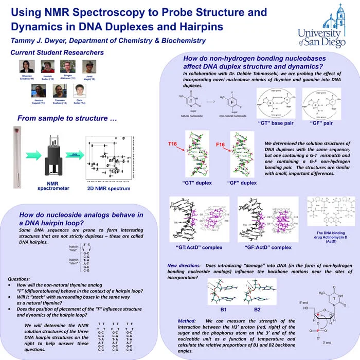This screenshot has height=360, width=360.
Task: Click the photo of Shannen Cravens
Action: [26, 66]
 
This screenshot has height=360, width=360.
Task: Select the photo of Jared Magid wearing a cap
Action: [89, 66]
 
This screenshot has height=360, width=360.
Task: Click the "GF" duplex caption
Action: [241, 183]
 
